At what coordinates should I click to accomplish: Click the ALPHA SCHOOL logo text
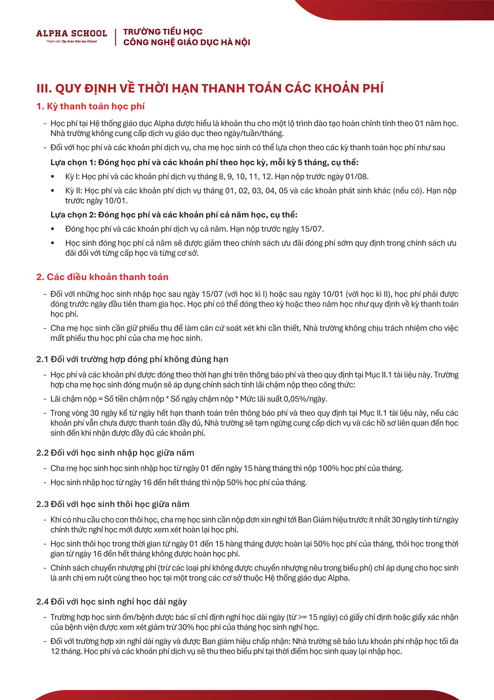[x=72, y=33]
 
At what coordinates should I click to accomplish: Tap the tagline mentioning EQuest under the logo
[x=72, y=42]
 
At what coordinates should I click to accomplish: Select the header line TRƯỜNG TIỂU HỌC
[x=163, y=32]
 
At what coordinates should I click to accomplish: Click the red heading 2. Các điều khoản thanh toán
[x=102, y=277]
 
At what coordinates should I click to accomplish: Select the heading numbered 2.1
[x=132, y=359]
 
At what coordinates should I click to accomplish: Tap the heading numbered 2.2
[x=115, y=453]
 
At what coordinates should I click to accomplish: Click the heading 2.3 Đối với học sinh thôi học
[x=113, y=504]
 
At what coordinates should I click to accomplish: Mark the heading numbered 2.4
[x=111, y=601]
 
